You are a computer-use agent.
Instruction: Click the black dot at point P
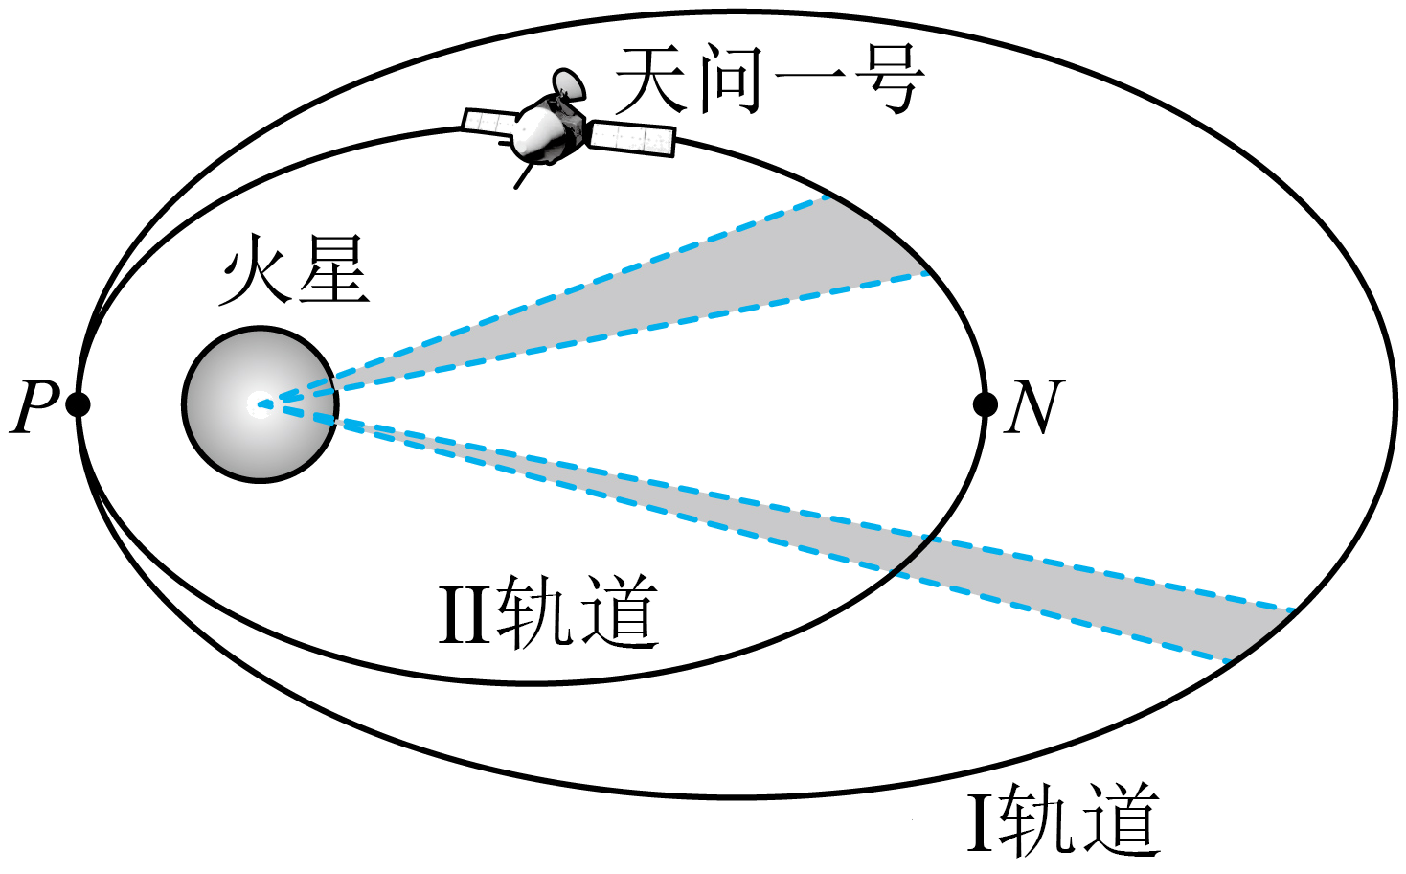point(78,403)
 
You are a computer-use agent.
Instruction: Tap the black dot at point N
point(985,404)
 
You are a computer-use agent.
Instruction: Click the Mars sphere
point(260,404)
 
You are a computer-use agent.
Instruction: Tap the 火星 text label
point(294,270)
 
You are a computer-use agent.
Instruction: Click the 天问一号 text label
point(769,80)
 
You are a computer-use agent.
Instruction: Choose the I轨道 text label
point(1064,820)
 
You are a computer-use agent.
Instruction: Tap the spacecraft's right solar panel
point(631,139)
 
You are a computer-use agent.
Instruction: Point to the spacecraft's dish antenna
point(569,84)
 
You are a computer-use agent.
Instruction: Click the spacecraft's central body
point(547,130)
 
